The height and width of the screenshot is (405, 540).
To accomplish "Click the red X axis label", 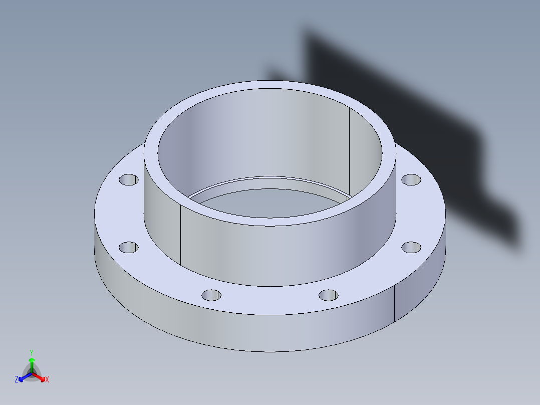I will click(x=47, y=380).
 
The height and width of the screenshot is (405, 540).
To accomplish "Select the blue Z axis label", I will click(x=17, y=379).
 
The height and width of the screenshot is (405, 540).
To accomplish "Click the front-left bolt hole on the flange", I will click(x=211, y=295).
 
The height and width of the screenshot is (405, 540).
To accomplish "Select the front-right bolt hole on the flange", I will click(x=329, y=295).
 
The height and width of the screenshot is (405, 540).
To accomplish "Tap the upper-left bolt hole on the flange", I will click(x=129, y=179).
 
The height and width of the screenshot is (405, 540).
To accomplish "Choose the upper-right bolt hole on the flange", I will click(x=411, y=179).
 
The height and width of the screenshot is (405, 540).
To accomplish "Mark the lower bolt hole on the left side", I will click(x=129, y=247).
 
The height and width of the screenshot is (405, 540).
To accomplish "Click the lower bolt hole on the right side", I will click(x=411, y=247).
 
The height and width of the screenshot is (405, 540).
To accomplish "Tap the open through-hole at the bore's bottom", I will click(x=271, y=200).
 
